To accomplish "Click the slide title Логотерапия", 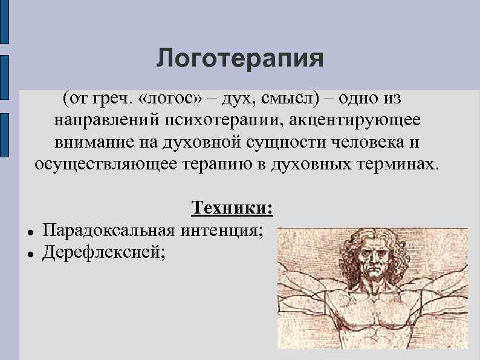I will tap(240, 59).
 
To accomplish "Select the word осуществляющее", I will tap(106, 164).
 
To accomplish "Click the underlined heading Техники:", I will tap(233, 208).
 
